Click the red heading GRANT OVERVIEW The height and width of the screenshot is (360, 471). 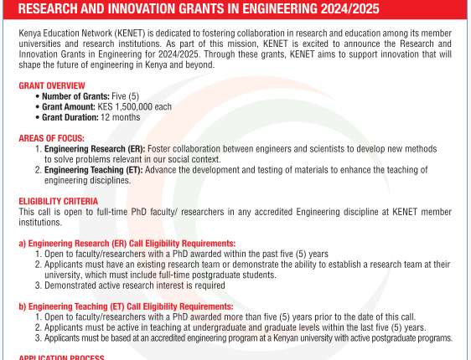tap(52, 85)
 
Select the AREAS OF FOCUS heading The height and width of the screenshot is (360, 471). tap(52, 138)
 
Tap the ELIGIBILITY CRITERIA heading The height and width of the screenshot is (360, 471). tap(59, 201)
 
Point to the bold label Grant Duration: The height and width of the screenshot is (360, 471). tap(70, 117)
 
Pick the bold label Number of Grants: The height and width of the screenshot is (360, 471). tap(75, 96)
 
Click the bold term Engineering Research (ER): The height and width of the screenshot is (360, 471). tap(95, 149)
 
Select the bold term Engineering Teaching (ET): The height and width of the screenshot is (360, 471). tap(94, 170)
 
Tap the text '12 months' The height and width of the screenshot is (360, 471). tap(121, 117)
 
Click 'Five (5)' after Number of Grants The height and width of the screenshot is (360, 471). tap(125, 96)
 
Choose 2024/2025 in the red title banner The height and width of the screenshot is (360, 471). tap(350, 9)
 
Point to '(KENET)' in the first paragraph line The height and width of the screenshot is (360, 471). tap(130, 33)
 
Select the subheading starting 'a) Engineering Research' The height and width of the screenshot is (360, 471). tap(127, 244)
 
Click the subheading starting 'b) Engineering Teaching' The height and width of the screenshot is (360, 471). tap(126, 306)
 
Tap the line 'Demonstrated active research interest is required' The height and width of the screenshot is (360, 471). tap(135, 285)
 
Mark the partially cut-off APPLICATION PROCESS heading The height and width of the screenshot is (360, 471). tap(61, 357)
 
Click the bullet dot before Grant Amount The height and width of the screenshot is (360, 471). tap(38, 107)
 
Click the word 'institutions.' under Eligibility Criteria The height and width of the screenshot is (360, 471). tap(40, 223)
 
